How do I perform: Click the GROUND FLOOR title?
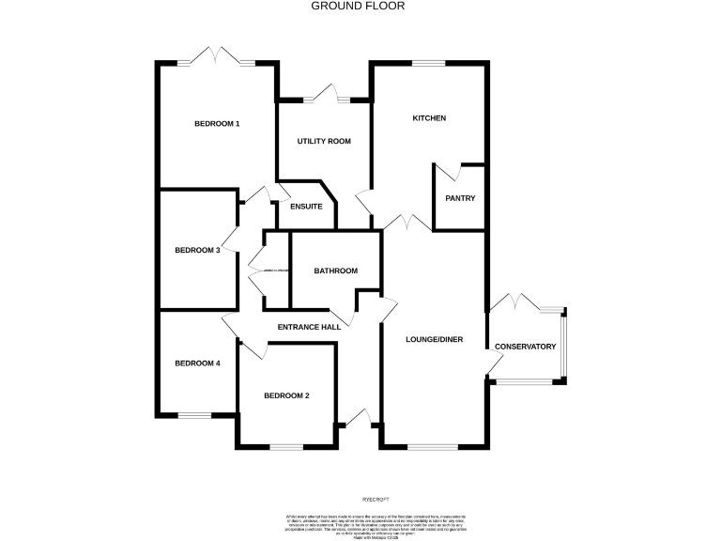[x=360, y=6]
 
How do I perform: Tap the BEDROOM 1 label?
[x=217, y=124]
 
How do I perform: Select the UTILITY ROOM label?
[x=324, y=141]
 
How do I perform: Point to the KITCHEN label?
[x=429, y=118]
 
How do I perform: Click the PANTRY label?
[x=460, y=198]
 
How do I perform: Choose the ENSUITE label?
[x=307, y=207]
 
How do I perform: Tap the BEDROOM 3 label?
[x=197, y=250]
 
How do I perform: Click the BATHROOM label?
[x=335, y=270]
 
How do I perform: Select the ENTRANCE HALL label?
[x=309, y=327]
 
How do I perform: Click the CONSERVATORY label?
[x=525, y=347]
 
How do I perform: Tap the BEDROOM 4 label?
[x=197, y=363]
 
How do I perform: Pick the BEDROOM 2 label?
[x=286, y=395]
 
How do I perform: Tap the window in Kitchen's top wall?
[x=428, y=64]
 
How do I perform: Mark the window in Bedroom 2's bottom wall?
[x=285, y=446]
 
